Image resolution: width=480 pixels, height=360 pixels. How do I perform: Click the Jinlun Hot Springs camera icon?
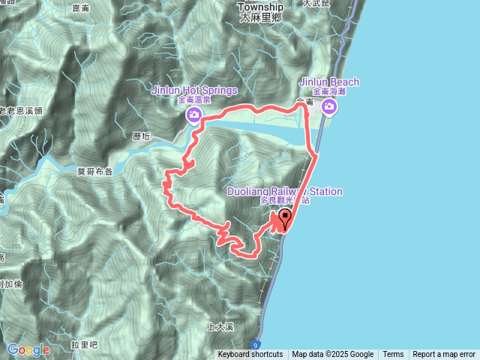pyautogui.click(x=194, y=114)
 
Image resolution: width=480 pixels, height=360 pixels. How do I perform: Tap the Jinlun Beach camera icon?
pyautogui.click(x=329, y=108)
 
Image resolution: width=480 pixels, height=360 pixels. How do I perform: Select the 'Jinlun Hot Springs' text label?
pyautogui.click(x=194, y=90)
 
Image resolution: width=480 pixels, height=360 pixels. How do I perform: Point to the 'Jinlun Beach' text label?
pyautogui.click(x=329, y=82)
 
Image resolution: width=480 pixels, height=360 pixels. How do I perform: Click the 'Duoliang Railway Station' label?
pyautogui.click(x=285, y=192)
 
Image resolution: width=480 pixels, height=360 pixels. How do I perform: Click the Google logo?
pyautogui.click(x=28, y=349)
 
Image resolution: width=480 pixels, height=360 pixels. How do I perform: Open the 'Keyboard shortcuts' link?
pyautogui.click(x=250, y=355)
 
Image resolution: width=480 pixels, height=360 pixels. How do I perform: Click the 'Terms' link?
pyautogui.click(x=393, y=355)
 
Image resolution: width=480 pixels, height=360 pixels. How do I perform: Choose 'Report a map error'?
pyautogui.click(x=444, y=355)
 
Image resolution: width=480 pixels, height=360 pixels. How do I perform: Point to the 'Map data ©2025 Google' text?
pyautogui.click(x=333, y=355)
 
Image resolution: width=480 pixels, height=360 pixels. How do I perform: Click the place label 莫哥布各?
pyautogui.click(x=94, y=171)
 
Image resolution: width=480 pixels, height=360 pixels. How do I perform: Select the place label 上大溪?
pyautogui.click(x=220, y=328)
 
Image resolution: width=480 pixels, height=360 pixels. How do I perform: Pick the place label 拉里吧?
pyautogui.click(x=85, y=344)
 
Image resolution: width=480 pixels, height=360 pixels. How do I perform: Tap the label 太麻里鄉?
pyautogui.click(x=261, y=16)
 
